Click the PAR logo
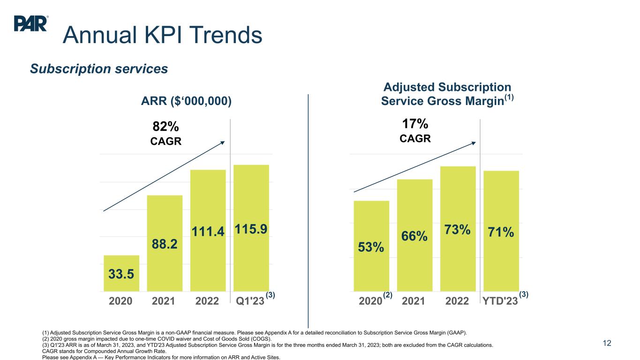[x=31, y=23]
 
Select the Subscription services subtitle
[x=99, y=69]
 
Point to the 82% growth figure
[x=166, y=126]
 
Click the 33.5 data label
[x=121, y=273]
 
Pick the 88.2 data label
[x=165, y=244]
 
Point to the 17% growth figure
[x=415, y=124]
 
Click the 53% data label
[x=371, y=247]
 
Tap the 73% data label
[x=458, y=230]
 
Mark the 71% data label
[x=501, y=232]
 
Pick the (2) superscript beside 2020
[x=387, y=295]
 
